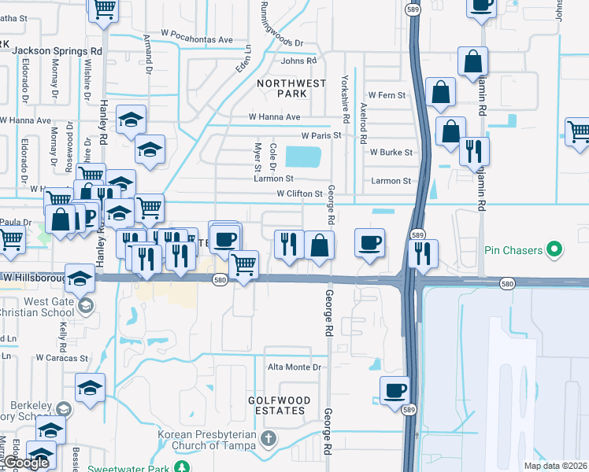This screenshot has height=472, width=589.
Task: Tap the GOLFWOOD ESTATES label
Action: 276,405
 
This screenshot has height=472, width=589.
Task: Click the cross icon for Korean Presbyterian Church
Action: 267,438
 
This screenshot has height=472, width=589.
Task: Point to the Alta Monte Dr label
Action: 295,367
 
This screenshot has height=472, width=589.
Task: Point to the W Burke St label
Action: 391,152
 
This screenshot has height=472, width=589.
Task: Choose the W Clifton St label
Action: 299,194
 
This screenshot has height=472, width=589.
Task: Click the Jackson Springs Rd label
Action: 58,50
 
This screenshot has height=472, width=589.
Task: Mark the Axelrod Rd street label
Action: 363,123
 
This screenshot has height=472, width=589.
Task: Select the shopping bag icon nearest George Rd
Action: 319,245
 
